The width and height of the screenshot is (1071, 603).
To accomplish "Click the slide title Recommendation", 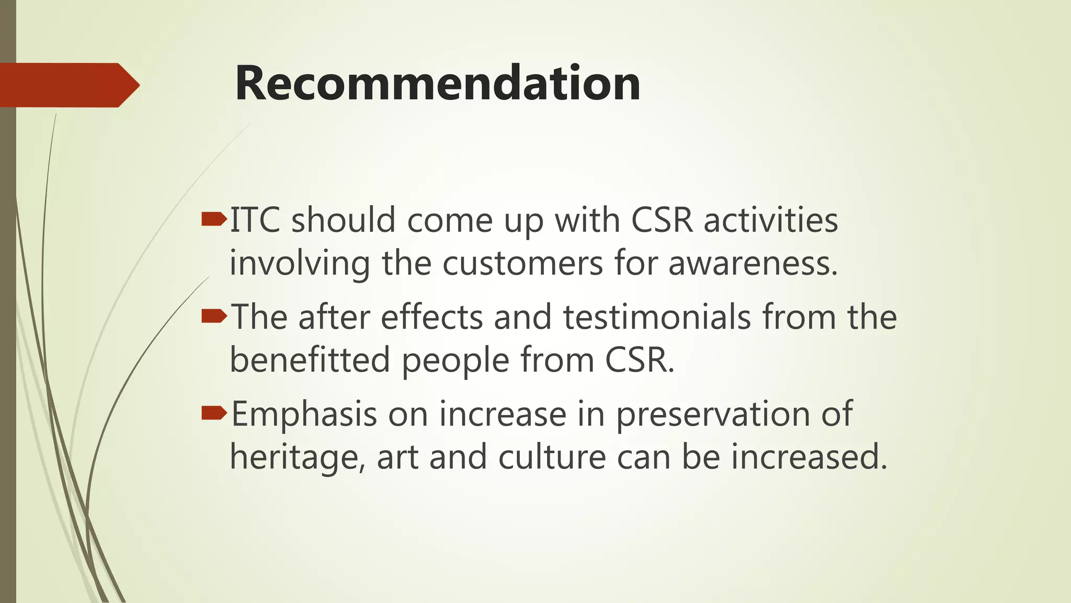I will (x=438, y=84).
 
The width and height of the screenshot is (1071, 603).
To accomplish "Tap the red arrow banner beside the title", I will (x=68, y=85).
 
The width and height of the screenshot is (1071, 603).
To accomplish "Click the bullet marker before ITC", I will (x=213, y=219).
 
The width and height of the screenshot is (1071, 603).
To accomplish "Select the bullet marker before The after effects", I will (x=213, y=316).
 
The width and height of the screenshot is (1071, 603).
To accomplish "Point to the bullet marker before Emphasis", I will (x=213, y=413).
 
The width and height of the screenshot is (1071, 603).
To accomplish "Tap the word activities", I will (x=770, y=220).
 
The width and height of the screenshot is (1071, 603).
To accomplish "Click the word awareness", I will (x=753, y=263).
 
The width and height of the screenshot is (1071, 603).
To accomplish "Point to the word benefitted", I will (x=310, y=360).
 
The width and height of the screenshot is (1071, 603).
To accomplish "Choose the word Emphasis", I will (x=304, y=415).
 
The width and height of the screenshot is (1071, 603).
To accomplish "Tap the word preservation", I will (x=712, y=415).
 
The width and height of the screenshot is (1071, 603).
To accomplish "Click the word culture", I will (x=552, y=457).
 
